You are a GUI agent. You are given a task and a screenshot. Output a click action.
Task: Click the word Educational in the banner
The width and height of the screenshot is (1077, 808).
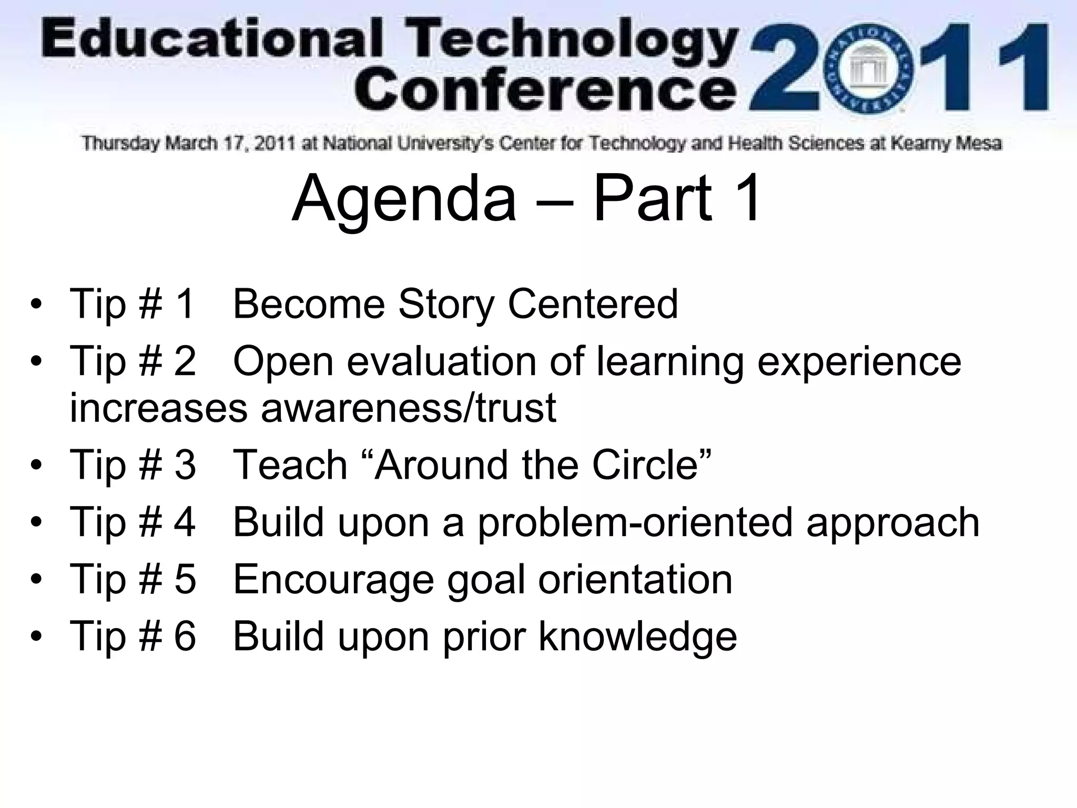[x=210, y=42]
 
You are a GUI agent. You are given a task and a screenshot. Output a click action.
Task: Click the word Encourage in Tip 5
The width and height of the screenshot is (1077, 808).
[x=333, y=579]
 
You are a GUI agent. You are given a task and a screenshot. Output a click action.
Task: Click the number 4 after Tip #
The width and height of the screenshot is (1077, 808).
[x=185, y=522]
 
